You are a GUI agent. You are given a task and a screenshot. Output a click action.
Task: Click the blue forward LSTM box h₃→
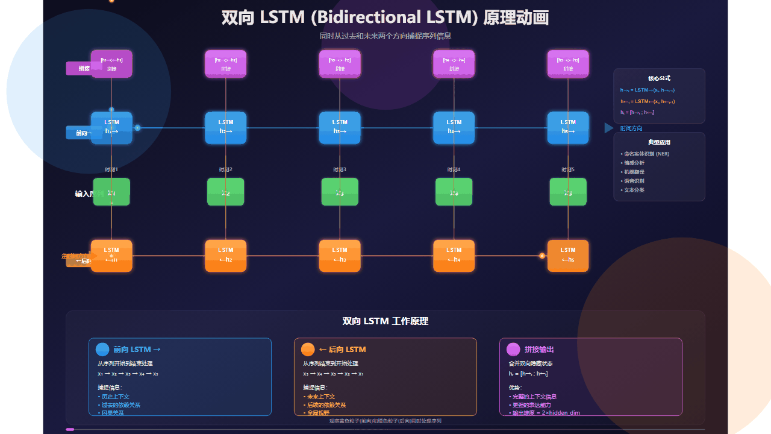click(x=340, y=127)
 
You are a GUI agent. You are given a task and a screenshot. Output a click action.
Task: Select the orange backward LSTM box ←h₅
click(x=568, y=256)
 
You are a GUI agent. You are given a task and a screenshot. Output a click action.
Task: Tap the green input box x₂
click(x=226, y=192)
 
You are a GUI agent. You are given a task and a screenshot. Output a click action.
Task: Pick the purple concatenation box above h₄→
click(x=454, y=64)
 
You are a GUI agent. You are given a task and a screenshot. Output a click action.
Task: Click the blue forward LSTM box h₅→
click(x=568, y=127)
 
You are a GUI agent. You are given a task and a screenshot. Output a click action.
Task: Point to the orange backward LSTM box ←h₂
click(x=226, y=256)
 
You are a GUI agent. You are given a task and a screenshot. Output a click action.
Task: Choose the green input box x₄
click(x=454, y=192)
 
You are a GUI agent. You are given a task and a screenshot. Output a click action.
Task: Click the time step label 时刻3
click(x=340, y=169)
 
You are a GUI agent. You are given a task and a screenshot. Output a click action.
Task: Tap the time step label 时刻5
click(x=568, y=169)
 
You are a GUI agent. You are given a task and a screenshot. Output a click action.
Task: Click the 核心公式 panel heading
click(x=659, y=78)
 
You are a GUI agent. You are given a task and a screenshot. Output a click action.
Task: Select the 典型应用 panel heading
click(x=659, y=142)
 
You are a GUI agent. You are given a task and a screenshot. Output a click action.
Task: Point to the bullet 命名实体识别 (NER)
click(x=646, y=154)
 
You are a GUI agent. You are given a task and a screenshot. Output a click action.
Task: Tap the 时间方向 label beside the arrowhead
click(x=631, y=128)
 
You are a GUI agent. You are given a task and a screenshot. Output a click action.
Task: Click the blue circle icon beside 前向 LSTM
click(x=102, y=350)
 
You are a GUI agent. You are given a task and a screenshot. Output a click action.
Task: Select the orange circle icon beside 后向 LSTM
click(x=308, y=350)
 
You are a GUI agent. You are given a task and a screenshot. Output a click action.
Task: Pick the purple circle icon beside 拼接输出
click(x=513, y=350)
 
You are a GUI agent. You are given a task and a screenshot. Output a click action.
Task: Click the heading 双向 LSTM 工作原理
click(x=385, y=321)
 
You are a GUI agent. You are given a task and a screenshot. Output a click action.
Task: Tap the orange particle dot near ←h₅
click(x=542, y=256)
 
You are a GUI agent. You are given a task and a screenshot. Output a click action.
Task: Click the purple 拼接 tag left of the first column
click(x=84, y=69)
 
